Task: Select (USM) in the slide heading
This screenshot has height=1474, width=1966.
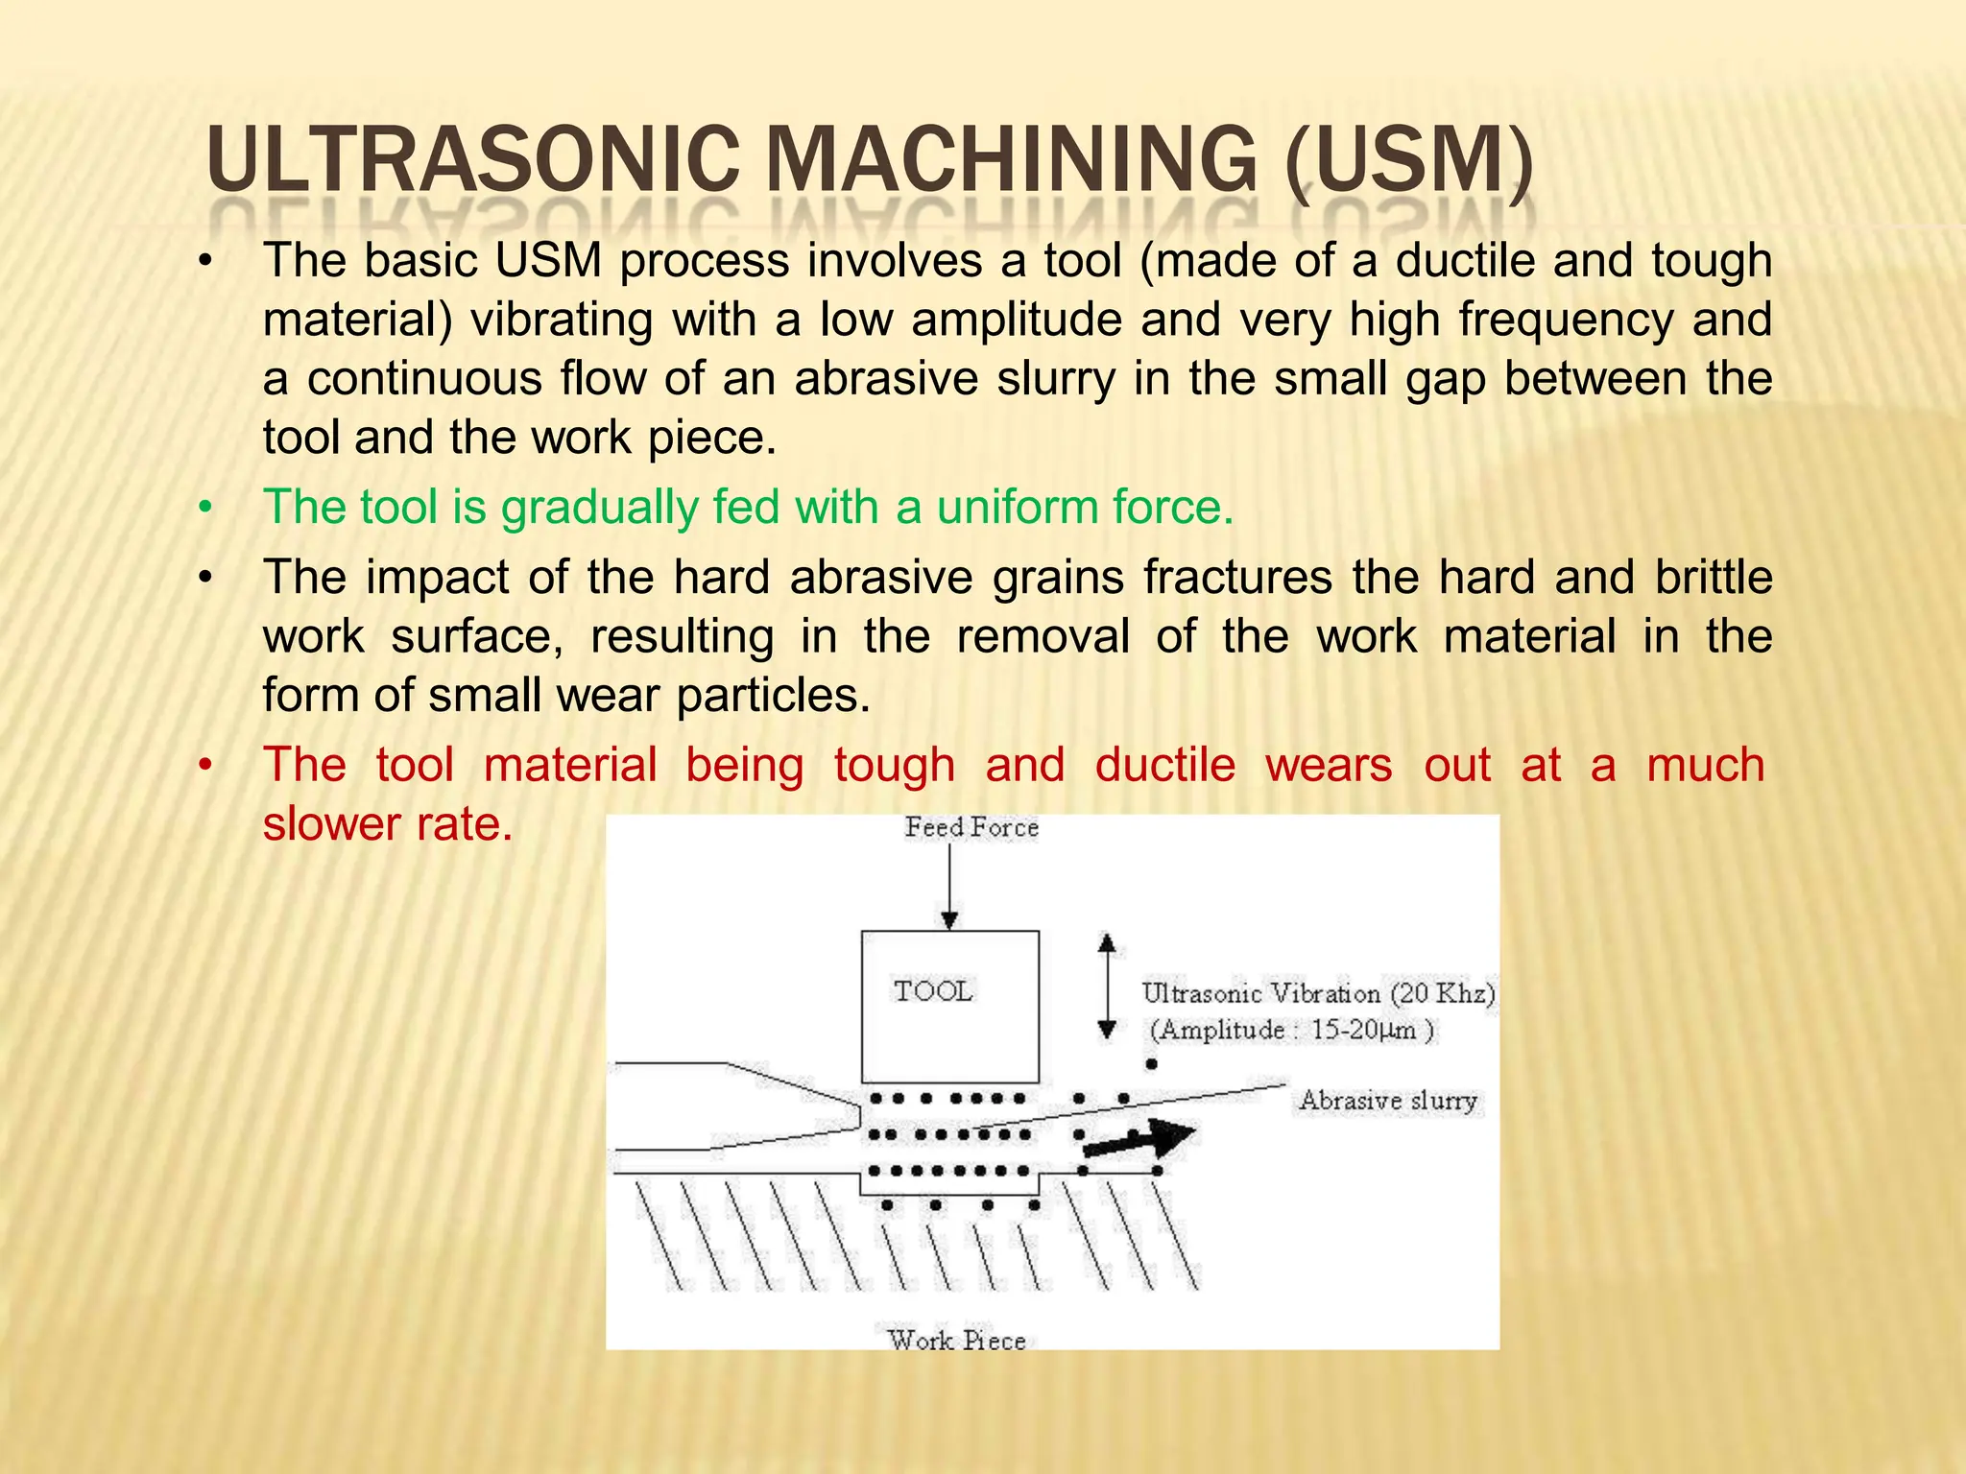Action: (1407, 160)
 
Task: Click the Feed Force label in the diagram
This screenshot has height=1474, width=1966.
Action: (971, 827)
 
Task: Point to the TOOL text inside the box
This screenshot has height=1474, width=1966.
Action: (933, 990)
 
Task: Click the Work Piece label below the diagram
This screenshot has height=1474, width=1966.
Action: (957, 1340)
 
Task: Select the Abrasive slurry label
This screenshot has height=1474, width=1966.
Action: (1388, 1100)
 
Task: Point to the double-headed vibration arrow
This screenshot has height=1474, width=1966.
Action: (1107, 987)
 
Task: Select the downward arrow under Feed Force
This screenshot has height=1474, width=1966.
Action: (949, 888)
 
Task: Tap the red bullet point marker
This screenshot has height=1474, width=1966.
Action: (204, 765)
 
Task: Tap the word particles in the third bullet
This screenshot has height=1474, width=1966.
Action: (773, 695)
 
